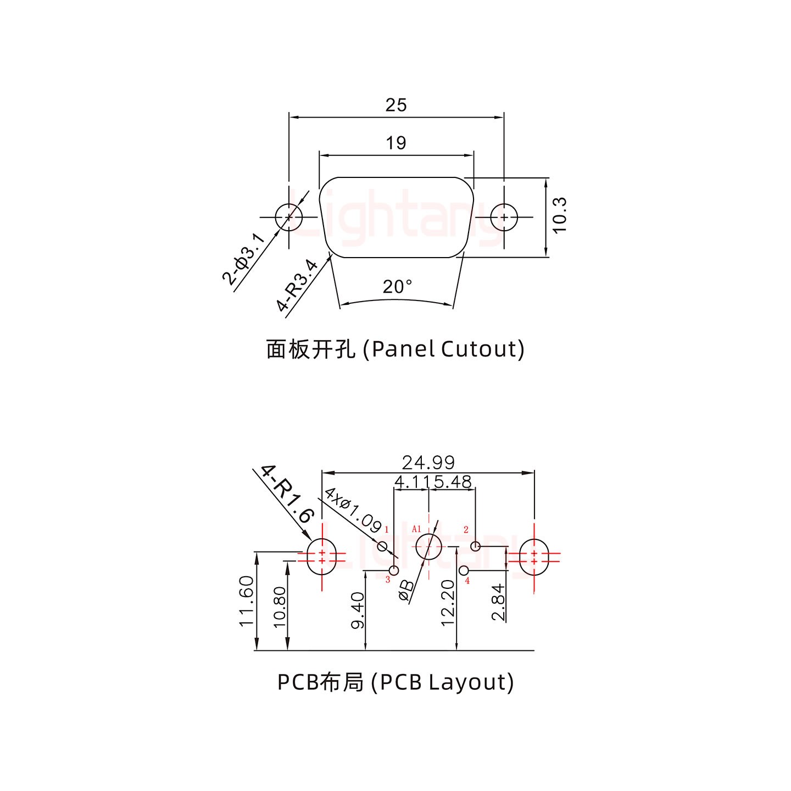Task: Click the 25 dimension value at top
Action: click(396, 104)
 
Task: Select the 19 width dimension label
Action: click(396, 143)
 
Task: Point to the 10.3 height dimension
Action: click(559, 216)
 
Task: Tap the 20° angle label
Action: click(397, 287)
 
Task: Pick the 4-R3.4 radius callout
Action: click(297, 286)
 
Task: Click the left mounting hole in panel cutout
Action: click(288, 218)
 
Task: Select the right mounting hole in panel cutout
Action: click(504, 218)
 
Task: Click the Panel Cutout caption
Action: click(395, 349)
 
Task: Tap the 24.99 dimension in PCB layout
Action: click(428, 462)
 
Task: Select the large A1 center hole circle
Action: click(428, 547)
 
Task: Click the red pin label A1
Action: click(416, 529)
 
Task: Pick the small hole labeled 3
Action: click(394, 570)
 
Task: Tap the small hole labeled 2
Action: click(476, 547)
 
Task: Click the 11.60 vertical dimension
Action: click(247, 600)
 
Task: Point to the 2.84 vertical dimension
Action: click(498, 602)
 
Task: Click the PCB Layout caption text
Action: click(395, 682)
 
